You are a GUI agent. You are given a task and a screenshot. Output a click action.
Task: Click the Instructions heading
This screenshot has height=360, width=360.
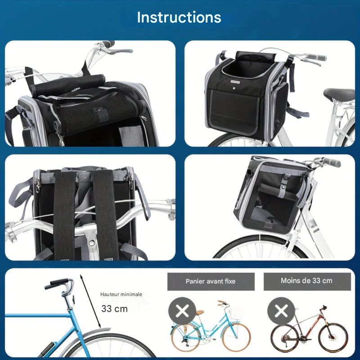point(179,18)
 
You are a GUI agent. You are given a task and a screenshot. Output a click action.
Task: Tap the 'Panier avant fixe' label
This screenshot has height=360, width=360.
point(211,281)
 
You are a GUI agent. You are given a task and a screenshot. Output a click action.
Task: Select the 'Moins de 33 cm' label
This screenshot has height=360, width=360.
point(306,281)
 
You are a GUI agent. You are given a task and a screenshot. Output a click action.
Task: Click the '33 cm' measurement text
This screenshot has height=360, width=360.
point(114,309)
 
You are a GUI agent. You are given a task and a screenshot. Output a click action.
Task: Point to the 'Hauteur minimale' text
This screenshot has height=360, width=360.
point(121,294)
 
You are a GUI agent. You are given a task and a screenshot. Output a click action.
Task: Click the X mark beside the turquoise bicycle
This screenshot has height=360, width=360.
point(182,311)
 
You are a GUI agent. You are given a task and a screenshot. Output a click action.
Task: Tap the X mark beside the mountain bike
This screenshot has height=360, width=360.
point(281,311)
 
